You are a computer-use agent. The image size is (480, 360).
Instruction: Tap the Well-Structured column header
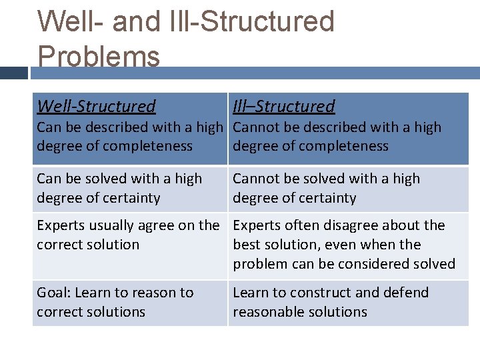96,106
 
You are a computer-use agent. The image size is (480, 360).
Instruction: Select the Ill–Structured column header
283,106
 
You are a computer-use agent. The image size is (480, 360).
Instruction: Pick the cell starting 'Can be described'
129,137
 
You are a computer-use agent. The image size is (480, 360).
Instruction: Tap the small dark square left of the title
14,72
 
